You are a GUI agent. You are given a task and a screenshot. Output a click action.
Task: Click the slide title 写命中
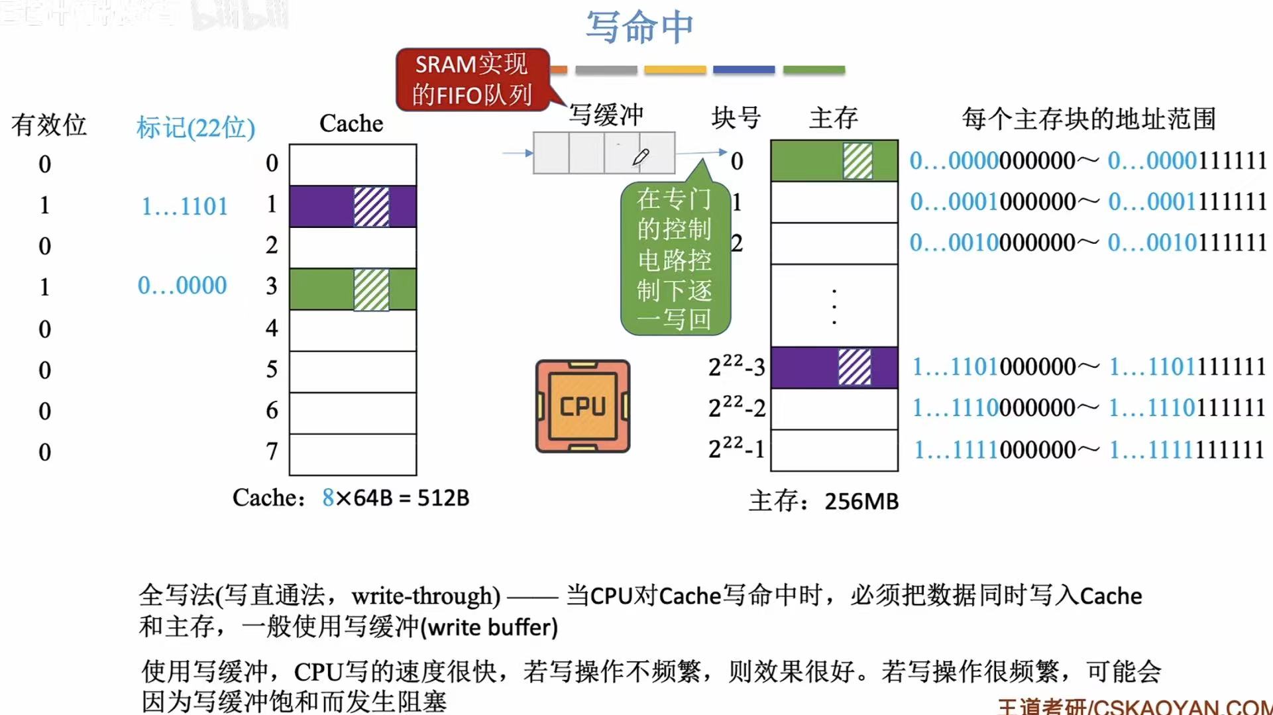pos(639,27)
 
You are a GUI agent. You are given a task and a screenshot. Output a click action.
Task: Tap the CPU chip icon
pos(582,406)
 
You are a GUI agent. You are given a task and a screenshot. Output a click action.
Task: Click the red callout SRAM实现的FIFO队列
pos(472,80)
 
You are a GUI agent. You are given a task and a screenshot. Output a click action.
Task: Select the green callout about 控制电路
pos(675,259)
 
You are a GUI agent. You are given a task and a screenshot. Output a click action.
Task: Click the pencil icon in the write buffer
pos(641,156)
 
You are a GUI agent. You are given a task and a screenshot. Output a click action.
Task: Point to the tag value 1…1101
pos(184,207)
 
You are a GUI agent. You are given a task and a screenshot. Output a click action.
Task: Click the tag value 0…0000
pos(182,286)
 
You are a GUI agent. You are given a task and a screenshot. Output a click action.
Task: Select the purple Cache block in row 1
pos(353,207)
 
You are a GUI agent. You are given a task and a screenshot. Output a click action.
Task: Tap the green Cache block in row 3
pos(353,289)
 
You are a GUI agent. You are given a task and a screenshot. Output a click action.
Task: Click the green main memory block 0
pos(834,160)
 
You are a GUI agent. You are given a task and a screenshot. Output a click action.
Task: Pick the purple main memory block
pos(834,367)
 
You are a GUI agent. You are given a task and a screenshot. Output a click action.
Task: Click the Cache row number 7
pos(272,451)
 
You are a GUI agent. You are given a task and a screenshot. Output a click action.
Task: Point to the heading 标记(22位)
pos(195,127)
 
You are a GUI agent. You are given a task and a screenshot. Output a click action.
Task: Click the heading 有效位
pos(49,125)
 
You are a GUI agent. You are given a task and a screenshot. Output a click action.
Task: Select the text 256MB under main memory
pos(861,502)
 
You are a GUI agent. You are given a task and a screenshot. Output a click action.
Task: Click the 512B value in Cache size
pos(443,498)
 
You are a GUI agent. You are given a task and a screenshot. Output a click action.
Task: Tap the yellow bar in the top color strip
pos(675,70)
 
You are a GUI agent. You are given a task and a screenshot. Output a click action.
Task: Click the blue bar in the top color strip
pos(744,70)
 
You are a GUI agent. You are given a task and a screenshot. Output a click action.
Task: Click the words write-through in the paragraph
pos(425,596)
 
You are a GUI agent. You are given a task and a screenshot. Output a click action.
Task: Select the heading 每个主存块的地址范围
pos(1088,119)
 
